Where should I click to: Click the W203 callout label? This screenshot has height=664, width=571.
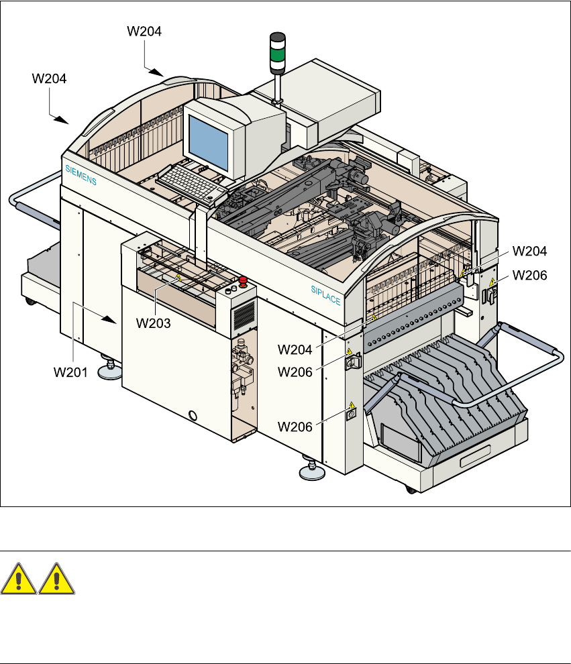pos(154,323)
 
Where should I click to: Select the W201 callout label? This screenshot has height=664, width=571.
pos(70,372)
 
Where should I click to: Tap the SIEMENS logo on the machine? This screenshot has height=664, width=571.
pos(81,175)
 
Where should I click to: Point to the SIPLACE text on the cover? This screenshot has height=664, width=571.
pos(325,295)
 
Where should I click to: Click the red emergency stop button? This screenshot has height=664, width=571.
pos(243,281)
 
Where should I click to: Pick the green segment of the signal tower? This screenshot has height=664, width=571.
pos(278,54)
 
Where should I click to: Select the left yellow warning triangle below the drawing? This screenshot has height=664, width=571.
pos(18,579)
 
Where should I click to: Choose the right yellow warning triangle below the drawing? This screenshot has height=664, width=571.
pos(57,579)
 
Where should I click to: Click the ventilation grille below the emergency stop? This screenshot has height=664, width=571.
pos(244,315)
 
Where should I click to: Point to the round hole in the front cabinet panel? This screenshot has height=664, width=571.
pos(193,415)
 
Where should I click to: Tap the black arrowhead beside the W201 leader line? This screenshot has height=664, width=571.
pos(110,320)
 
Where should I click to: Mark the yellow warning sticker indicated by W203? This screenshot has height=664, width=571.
pos(178,278)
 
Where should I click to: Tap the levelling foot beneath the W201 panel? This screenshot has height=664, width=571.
pos(110,370)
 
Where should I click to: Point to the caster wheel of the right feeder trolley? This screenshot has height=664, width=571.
pos(411,490)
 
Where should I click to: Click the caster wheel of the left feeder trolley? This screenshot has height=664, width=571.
pos(30,302)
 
